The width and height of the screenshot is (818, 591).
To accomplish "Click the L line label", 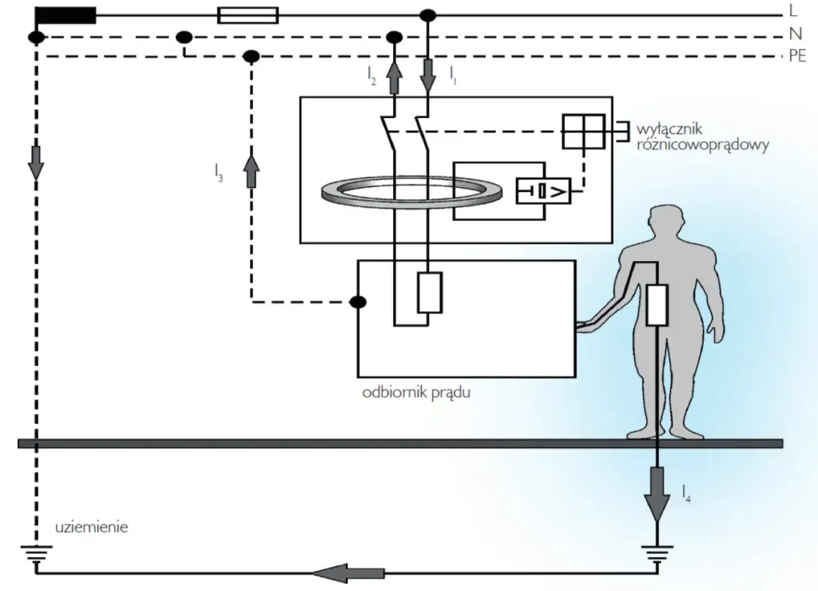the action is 793,12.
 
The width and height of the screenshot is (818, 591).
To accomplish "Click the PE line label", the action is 797,56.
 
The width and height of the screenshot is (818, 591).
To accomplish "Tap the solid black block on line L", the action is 65,14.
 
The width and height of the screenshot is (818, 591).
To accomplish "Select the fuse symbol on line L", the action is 247,14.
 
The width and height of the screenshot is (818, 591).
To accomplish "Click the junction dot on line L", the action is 428,14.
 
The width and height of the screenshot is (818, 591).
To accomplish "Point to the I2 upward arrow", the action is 394,77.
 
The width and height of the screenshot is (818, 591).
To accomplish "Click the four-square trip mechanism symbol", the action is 583,131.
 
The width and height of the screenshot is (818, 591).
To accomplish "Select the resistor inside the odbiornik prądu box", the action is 429,293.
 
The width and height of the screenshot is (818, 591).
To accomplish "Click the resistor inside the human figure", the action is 657,304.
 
